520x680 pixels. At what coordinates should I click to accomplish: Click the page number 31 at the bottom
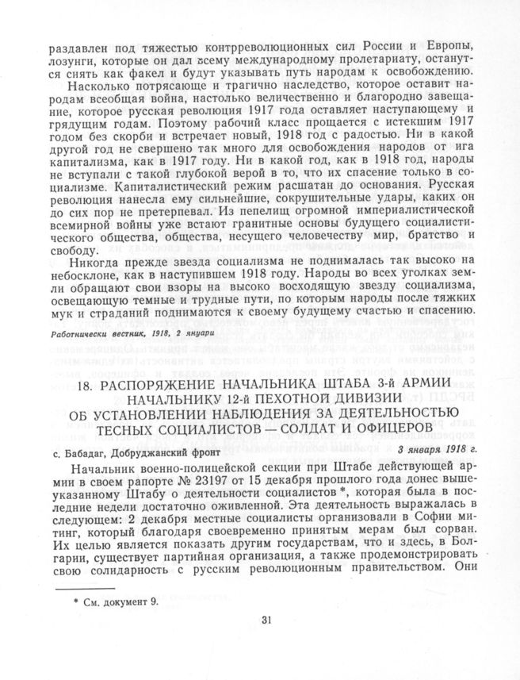[x=266, y=642]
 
